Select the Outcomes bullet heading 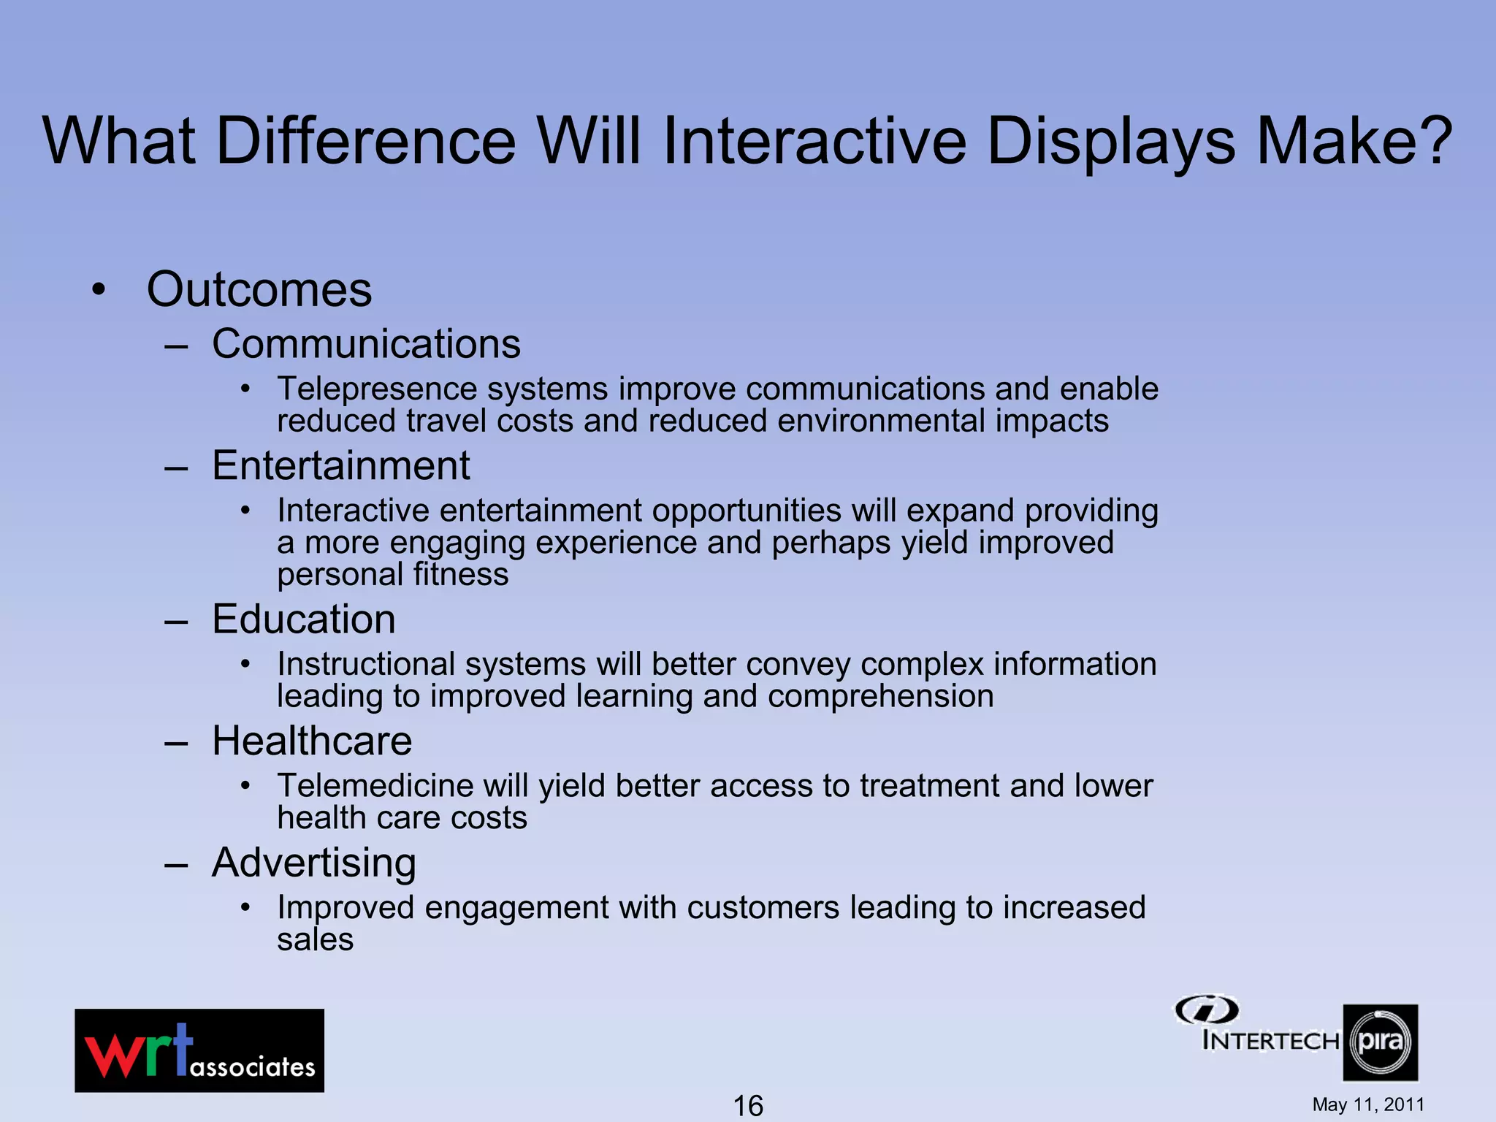point(259,289)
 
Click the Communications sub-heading point(366,343)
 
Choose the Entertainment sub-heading point(341,465)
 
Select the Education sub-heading point(304,619)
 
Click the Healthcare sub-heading point(312,741)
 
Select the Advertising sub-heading point(314,863)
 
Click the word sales point(315,940)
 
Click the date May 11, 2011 point(1368,1104)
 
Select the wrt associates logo point(199,1050)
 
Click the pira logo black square point(1380,1042)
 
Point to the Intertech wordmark point(1270,1040)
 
